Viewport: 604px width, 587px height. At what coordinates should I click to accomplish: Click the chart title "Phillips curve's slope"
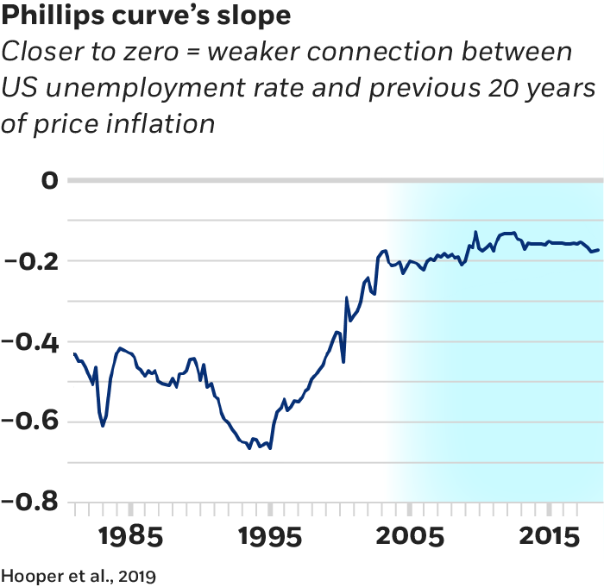[146, 16]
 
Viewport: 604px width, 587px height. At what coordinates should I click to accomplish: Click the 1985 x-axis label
[129, 536]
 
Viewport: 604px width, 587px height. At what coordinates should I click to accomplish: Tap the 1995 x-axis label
[269, 536]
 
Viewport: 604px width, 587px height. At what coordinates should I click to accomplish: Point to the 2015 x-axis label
[548, 536]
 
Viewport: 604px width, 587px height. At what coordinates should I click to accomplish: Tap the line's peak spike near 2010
[475, 232]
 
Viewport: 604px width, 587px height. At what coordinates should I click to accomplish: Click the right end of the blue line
[599, 250]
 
